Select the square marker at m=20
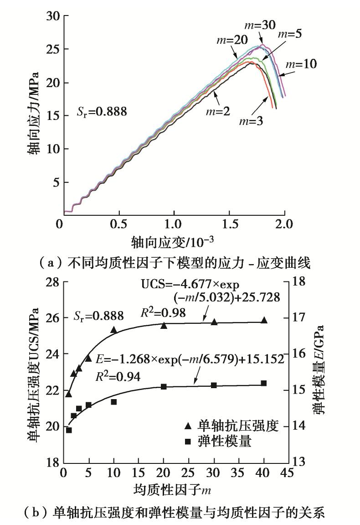click(x=164, y=386)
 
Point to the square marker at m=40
click(x=264, y=383)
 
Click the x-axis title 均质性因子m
click(x=172, y=490)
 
